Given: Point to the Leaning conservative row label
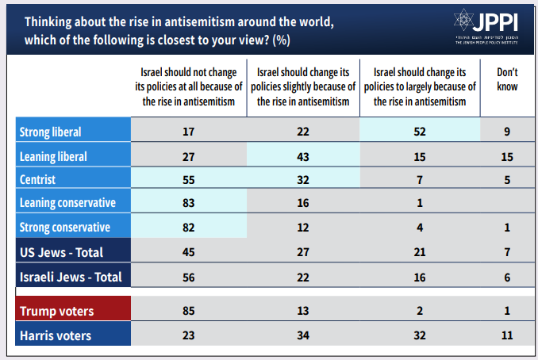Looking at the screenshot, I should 67,202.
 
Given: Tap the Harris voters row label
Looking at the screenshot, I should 54,335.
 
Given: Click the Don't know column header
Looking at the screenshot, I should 507,81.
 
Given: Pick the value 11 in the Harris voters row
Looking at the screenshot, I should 508,335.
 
